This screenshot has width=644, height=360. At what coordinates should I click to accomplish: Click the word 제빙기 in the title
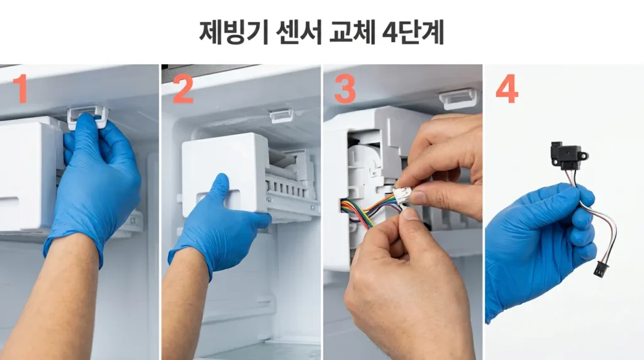[x=233, y=33]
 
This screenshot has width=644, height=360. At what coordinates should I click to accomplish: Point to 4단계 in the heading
[x=413, y=33]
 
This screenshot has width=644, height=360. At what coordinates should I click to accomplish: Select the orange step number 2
[x=183, y=89]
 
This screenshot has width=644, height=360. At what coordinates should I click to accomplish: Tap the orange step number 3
[x=345, y=89]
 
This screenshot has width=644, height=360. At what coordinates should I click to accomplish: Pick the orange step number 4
[x=507, y=89]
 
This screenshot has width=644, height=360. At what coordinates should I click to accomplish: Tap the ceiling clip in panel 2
[x=282, y=116]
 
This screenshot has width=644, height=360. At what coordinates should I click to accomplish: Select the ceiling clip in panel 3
[x=458, y=99]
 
